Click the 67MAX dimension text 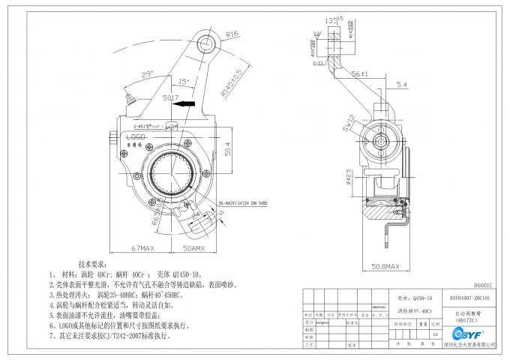click(x=142, y=247)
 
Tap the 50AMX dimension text click(x=196, y=247)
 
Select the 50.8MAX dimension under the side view click(x=389, y=265)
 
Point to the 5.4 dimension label click(x=421, y=84)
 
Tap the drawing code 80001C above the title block click(x=485, y=286)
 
